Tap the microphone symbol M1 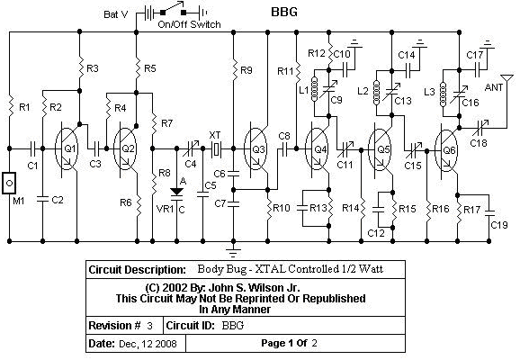(x=9, y=183)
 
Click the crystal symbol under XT (x=216, y=148)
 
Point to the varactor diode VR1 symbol (x=176, y=193)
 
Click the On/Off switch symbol (x=173, y=9)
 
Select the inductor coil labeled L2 (x=376, y=93)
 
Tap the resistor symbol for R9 (x=234, y=70)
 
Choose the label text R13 (x=318, y=208)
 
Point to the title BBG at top (x=284, y=12)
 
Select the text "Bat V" (x=116, y=14)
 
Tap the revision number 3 (x=150, y=326)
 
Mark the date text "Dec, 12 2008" (x=148, y=344)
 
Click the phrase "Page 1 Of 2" (x=289, y=343)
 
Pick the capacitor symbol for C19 (x=489, y=212)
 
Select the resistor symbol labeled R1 (x=10, y=105)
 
